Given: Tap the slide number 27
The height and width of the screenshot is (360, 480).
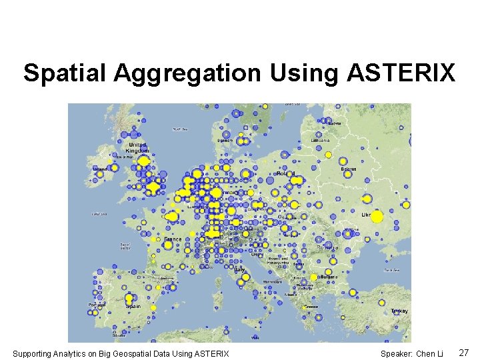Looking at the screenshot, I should pyautogui.click(x=464, y=352).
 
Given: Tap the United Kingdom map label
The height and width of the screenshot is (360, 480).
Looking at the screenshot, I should pyautogui.click(x=137, y=148).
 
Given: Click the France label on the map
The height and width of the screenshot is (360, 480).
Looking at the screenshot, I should pyautogui.click(x=173, y=239).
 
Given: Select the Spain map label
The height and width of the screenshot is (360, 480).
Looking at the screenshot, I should pyautogui.click(x=133, y=305).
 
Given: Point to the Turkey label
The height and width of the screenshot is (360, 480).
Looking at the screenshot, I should pyautogui.click(x=399, y=311).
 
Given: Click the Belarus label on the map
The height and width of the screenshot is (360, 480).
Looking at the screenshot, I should pyautogui.click(x=349, y=169).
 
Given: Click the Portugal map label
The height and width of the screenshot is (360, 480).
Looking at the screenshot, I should pyautogui.click(x=96, y=305).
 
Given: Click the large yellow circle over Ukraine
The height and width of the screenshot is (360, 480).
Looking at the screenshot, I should pyautogui.click(x=377, y=217).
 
